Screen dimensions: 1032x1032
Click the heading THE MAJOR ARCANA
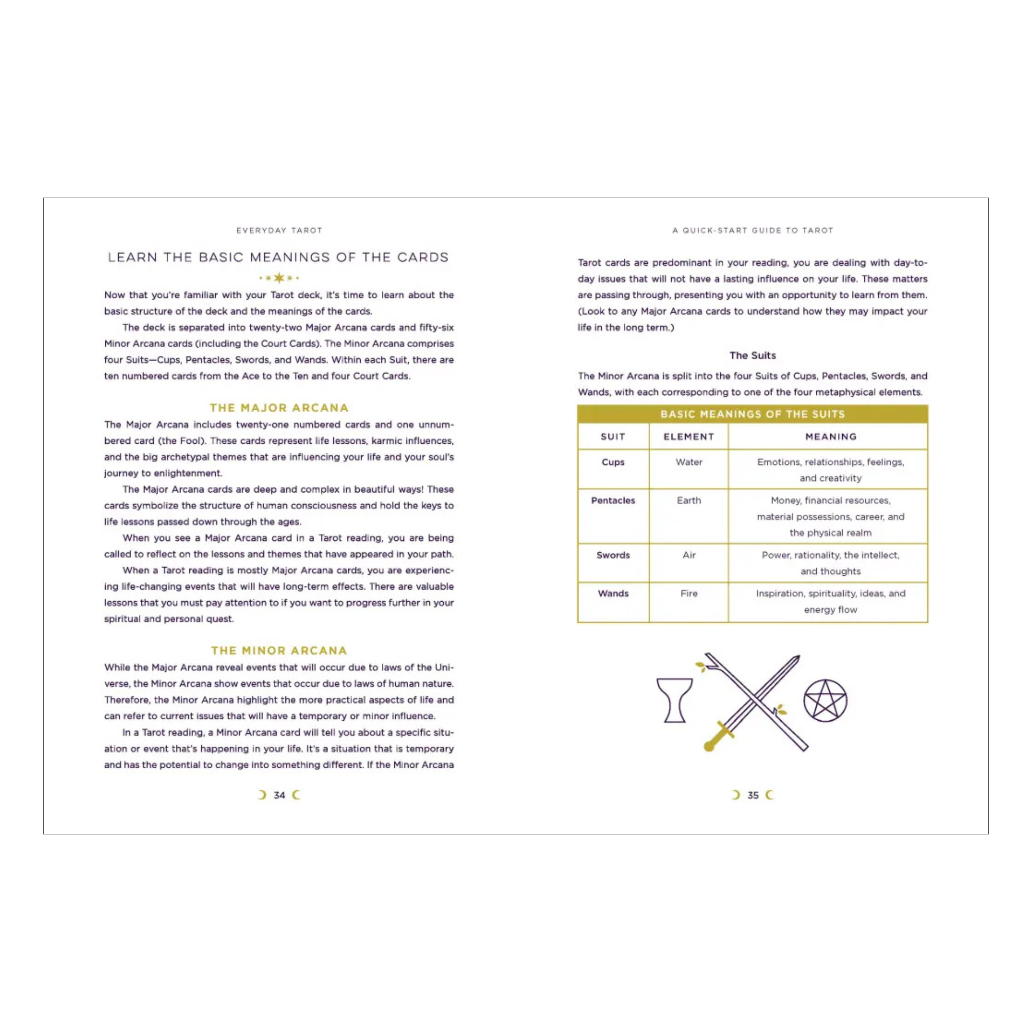pos(279,408)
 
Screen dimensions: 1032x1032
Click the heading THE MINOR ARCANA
pos(279,651)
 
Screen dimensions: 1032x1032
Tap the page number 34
pos(279,795)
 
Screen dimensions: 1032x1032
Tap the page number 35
pos(753,795)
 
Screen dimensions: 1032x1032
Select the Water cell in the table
pos(688,462)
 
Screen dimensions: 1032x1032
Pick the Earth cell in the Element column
pos(688,501)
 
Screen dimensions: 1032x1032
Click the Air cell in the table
pos(688,555)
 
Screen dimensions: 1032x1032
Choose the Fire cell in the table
pos(688,593)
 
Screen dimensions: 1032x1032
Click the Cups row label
pos(612,462)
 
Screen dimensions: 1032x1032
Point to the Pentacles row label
pos(612,501)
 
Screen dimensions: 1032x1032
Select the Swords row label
pos(612,555)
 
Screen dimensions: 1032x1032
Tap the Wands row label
pos(612,593)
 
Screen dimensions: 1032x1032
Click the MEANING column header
pos(831,437)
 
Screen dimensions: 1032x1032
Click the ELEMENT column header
pos(688,437)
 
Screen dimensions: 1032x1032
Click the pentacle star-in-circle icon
pos(825,700)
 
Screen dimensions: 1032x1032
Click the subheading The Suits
pos(753,355)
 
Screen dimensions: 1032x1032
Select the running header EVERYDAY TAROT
pos(279,230)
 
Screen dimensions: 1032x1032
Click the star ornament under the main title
pos(279,278)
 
